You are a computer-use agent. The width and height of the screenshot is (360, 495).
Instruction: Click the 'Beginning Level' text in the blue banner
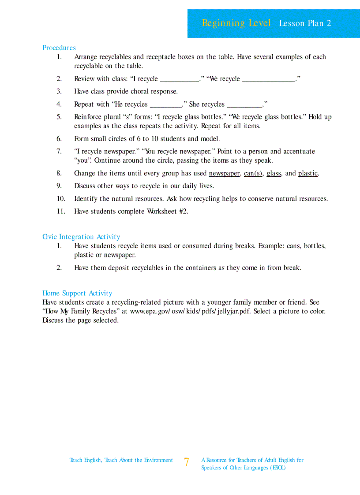(236, 23)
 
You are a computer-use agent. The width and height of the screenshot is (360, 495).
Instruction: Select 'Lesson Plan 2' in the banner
(305, 24)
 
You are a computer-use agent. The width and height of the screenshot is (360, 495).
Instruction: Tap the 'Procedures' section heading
(59, 48)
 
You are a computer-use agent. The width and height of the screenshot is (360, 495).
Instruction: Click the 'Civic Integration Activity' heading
(81, 237)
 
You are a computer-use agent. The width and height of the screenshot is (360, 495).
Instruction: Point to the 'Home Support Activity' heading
(77, 293)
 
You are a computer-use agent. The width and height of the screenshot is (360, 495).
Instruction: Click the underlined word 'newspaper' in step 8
(224, 173)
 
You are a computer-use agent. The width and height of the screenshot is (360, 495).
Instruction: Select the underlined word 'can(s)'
(253, 173)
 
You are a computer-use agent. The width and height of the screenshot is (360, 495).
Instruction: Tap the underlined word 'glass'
(274, 173)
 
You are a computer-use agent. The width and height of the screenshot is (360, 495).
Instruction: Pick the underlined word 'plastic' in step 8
(307, 173)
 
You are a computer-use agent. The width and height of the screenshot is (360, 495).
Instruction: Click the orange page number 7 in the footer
(187, 462)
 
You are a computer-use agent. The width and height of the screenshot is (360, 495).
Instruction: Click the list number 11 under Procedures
(60, 212)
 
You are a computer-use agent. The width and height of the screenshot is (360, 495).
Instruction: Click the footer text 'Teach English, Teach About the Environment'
(121, 460)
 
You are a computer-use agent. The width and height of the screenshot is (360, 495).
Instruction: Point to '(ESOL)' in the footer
(277, 468)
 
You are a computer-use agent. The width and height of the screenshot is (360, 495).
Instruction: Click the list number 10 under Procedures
(60, 199)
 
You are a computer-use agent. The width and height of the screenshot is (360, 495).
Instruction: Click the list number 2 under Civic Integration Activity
(59, 268)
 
